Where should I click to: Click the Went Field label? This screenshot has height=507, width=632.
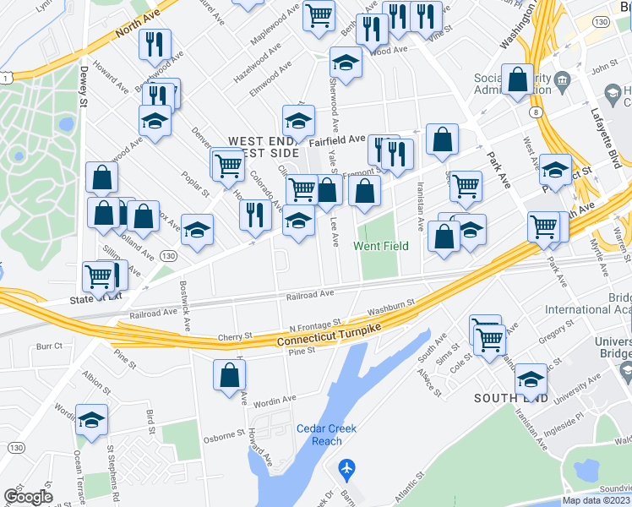pos(380,246)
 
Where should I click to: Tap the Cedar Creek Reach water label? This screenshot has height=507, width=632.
pos(326,434)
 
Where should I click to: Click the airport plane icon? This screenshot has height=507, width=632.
pos(346,467)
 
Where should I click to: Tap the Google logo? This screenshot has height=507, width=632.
pos(28,497)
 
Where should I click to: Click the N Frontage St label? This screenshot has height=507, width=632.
pos(313,324)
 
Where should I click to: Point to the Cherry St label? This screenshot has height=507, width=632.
pos(236,336)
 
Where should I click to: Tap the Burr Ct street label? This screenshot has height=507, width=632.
pos(50,346)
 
